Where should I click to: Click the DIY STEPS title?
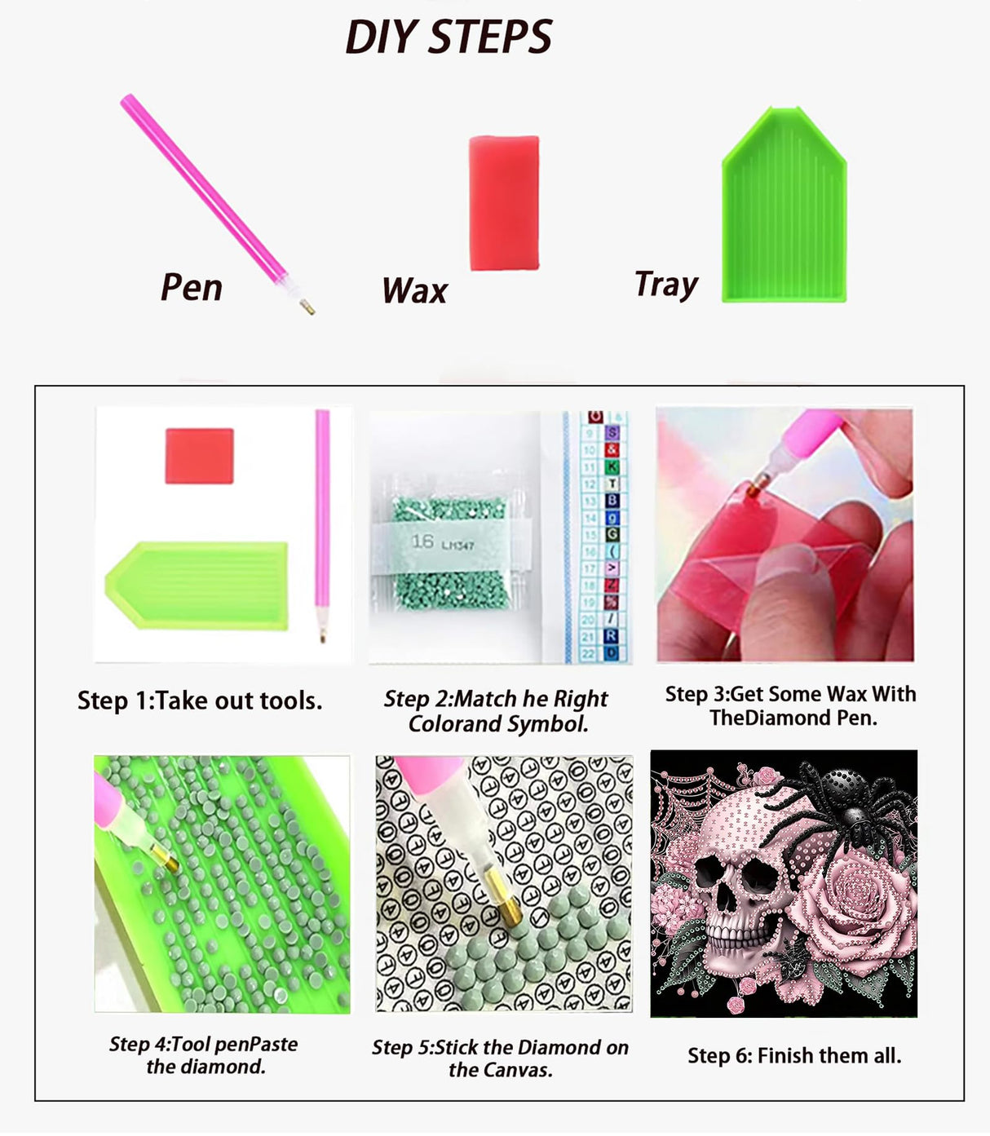[x=449, y=37]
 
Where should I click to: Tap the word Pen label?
[x=192, y=288]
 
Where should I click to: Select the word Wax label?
[x=415, y=290]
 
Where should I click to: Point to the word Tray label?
[x=666, y=285]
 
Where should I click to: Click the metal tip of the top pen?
[x=307, y=307]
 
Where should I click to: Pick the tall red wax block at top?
[x=504, y=203]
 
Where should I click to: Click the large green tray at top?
[x=784, y=206]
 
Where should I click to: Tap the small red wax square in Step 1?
[x=199, y=456]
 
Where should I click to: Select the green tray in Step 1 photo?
[x=197, y=586]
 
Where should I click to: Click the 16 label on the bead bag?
[x=422, y=541]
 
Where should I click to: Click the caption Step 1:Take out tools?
[x=200, y=701]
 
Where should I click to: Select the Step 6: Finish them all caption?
[x=794, y=1055]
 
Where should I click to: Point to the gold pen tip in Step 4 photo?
[x=165, y=857]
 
